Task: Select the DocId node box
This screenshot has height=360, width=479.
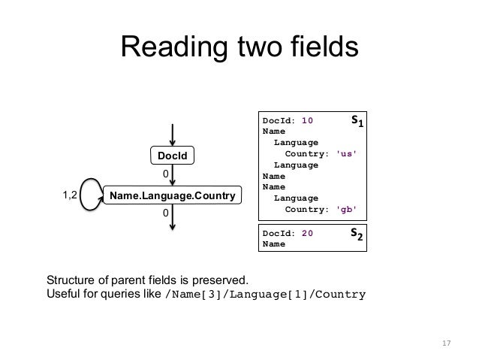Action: tap(172, 156)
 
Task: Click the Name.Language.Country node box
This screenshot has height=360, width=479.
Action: tap(172, 196)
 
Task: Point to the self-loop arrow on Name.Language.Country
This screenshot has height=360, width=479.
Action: tap(91, 195)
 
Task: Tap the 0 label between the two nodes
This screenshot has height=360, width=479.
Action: tap(167, 174)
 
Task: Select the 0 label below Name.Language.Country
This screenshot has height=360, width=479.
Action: tap(167, 214)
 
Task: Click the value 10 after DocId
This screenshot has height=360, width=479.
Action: tap(307, 119)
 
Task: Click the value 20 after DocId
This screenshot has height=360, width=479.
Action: tap(307, 233)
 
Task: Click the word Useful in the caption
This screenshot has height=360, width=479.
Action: tap(65, 294)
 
